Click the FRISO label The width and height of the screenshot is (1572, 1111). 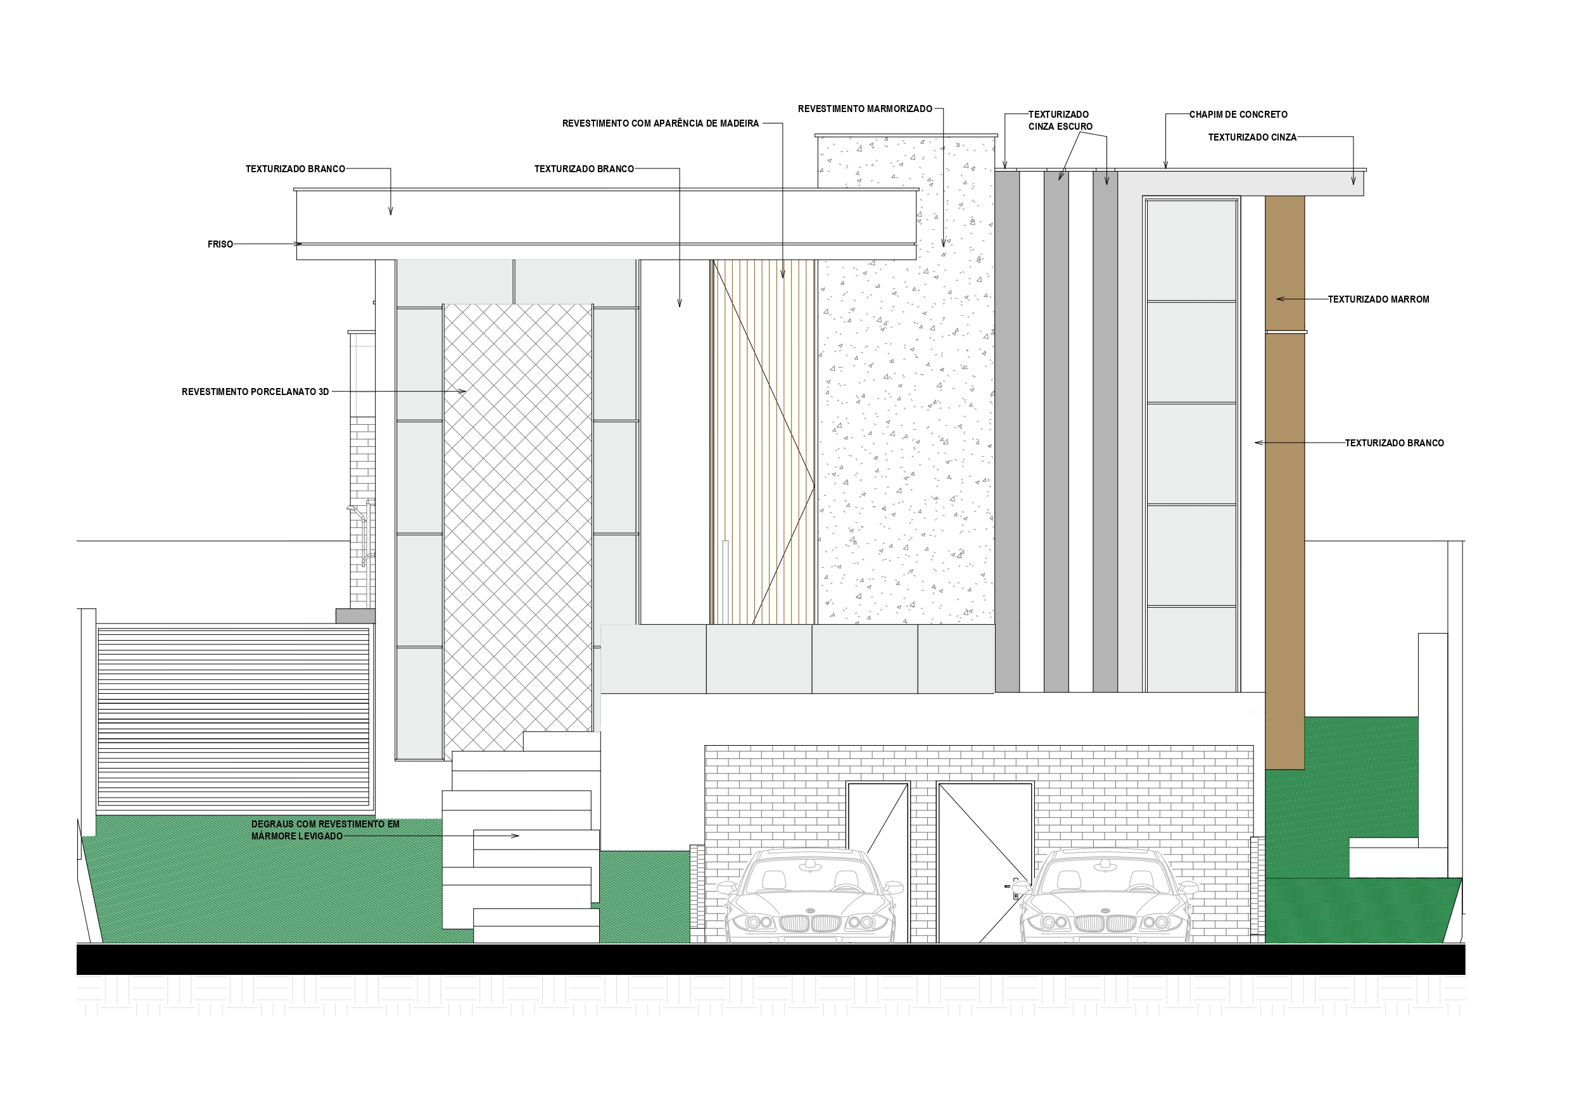tap(220, 244)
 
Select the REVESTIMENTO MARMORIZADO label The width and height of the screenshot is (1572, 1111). tap(865, 109)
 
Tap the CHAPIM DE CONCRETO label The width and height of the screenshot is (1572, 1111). tap(1238, 115)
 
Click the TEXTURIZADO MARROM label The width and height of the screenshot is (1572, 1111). tap(1378, 299)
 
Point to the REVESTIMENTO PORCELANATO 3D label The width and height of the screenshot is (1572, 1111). tap(255, 392)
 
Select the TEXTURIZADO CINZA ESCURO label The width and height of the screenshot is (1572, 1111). tap(1060, 120)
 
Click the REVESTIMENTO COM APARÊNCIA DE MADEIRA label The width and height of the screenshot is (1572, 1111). tap(660, 124)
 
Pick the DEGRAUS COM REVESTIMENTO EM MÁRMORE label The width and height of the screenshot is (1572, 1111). tap(324, 831)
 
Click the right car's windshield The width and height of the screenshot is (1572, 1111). tap(1105, 878)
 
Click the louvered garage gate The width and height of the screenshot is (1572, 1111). tap(234, 716)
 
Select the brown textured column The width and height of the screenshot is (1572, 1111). tap(1284, 479)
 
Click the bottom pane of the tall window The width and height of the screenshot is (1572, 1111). tap(1191, 649)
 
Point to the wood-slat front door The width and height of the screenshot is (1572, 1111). tap(763, 441)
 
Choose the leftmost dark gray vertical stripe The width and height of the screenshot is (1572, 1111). tap(1006, 431)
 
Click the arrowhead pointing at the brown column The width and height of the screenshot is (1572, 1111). tap(1277, 299)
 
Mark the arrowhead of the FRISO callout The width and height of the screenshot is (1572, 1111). tap(299, 244)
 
